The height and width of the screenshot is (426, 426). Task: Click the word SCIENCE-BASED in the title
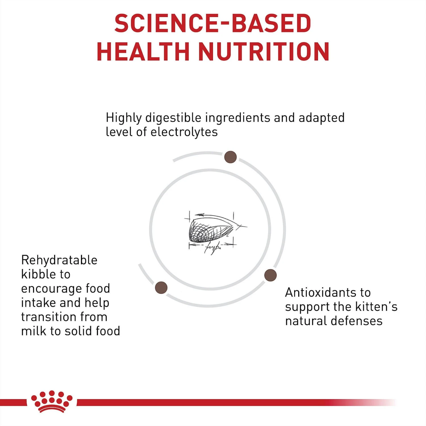coord(213,23)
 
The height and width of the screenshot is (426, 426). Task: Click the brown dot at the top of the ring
coord(230,157)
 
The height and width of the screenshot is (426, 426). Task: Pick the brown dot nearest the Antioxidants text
coord(270,275)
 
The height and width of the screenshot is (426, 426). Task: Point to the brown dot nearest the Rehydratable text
coord(161,288)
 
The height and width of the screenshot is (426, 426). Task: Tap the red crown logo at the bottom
coord(52,401)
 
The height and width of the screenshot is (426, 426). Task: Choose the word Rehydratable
coord(59,260)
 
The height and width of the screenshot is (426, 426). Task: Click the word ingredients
coord(238,118)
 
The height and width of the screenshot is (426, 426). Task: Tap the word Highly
coord(124,118)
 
